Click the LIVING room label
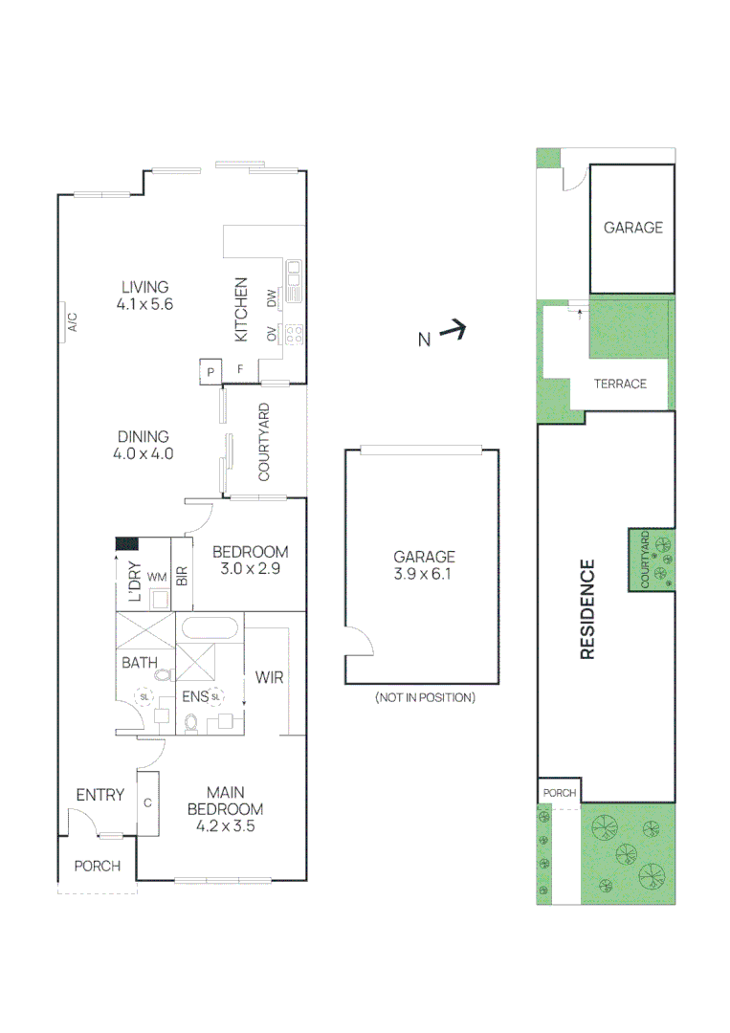[x=144, y=286]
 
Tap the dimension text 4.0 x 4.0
[x=143, y=454]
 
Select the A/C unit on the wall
[x=71, y=321]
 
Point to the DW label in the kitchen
[x=271, y=298]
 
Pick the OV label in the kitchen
[x=271, y=334]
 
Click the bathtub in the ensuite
[x=210, y=628]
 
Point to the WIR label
[x=269, y=678]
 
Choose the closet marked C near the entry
[x=148, y=803]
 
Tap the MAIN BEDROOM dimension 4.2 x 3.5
[x=225, y=825]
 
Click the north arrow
[x=453, y=332]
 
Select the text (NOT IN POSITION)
[x=425, y=697]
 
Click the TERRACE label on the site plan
[x=620, y=384]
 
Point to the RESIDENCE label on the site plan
[x=587, y=609]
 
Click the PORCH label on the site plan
[x=560, y=793]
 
